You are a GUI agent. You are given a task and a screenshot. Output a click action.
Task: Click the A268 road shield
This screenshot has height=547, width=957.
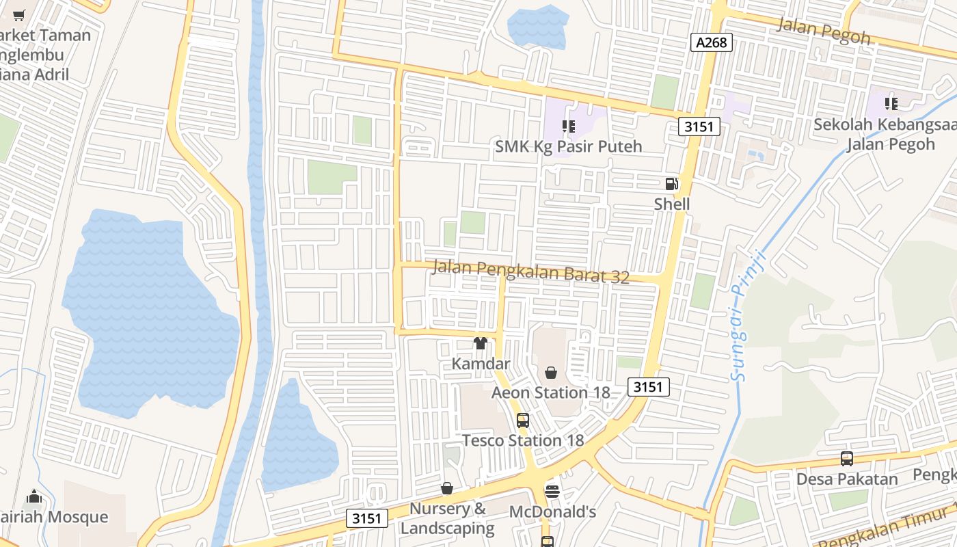pyautogui.click(x=712, y=43)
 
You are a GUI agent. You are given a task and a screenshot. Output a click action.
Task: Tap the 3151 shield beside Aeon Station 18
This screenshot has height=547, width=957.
pyautogui.click(x=648, y=387)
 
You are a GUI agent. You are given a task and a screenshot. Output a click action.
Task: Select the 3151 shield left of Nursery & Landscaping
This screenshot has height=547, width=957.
pyautogui.click(x=366, y=518)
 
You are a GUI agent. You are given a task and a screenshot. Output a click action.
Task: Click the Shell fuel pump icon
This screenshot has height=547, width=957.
pyautogui.click(x=672, y=183)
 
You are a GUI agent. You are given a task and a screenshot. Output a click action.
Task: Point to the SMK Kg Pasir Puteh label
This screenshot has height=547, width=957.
pyautogui.click(x=569, y=146)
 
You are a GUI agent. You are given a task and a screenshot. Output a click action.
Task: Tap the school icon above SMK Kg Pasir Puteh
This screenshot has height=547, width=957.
pyautogui.click(x=568, y=126)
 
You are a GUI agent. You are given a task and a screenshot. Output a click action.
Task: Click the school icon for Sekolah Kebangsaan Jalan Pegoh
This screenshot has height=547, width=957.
pyautogui.click(x=891, y=104)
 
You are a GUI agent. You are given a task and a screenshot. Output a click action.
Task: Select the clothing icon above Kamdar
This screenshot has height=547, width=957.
pyautogui.click(x=481, y=343)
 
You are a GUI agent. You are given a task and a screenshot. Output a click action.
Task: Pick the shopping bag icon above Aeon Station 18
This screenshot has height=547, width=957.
pyautogui.click(x=551, y=373)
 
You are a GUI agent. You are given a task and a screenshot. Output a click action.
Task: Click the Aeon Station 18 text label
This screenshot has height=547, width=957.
pyautogui.click(x=551, y=392)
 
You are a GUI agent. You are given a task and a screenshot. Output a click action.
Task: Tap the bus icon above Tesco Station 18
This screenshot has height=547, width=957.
pyautogui.click(x=523, y=421)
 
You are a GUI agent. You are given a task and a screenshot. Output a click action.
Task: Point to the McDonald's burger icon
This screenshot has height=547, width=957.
pyautogui.click(x=552, y=491)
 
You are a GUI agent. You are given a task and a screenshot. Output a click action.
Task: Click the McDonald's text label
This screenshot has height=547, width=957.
pyautogui.click(x=552, y=511)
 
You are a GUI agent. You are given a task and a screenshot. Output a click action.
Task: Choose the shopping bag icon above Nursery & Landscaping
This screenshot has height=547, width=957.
pyautogui.click(x=447, y=488)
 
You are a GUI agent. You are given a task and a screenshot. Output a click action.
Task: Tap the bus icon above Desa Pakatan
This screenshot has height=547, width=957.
pyautogui.click(x=847, y=459)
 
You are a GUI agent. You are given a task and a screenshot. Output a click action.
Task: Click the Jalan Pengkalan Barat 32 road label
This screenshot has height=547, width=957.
pyautogui.click(x=530, y=271)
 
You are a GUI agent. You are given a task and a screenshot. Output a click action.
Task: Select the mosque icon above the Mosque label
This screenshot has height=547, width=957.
pyautogui.click(x=34, y=496)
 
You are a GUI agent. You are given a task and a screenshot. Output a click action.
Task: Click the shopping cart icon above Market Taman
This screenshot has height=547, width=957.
pyautogui.click(x=19, y=15)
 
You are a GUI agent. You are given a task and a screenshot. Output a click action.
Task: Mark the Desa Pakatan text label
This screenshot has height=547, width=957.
pyautogui.click(x=847, y=479)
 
